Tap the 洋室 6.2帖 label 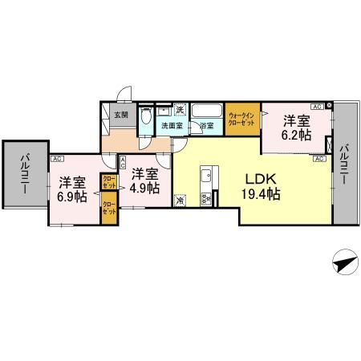[x=295, y=128]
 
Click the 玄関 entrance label [x=120, y=116]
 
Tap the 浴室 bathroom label [x=206, y=126]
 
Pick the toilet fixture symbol [x=144, y=119]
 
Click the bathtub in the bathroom [x=207, y=112]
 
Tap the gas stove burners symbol [x=205, y=198]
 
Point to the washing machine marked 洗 [x=181, y=110]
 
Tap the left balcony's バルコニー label [x=24, y=172]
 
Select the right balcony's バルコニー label [x=343, y=164]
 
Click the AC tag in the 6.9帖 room [x=58, y=159]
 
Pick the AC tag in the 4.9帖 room [x=122, y=161]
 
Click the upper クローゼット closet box [x=107, y=182]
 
